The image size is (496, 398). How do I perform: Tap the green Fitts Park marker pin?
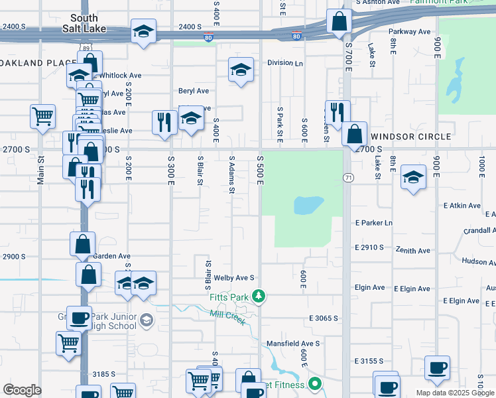click(x=261, y=297)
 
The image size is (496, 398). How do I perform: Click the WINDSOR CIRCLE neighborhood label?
click(x=410, y=136)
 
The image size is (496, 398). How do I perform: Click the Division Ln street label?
click(x=285, y=63)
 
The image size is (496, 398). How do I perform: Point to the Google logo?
click(x=22, y=390)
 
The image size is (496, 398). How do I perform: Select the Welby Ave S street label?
click(x=234, y=278)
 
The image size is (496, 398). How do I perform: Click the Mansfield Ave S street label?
click(x=293, y=344)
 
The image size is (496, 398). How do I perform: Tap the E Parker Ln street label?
click(x=374, y=223)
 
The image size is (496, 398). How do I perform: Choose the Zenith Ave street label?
click(x=414, y=251)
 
